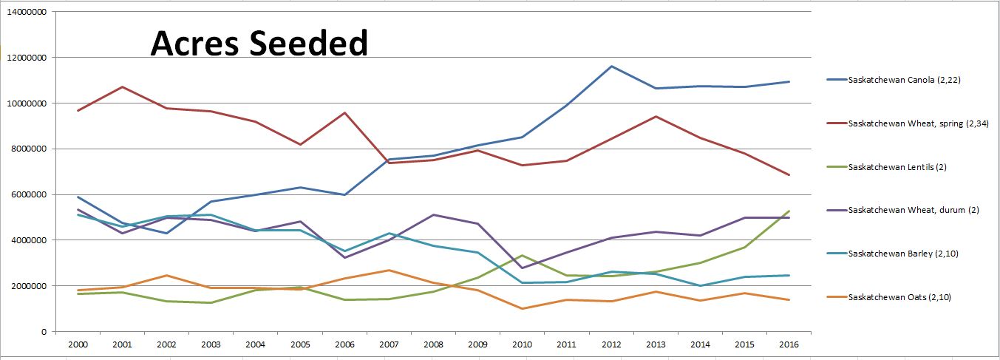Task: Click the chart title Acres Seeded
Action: pos(259,44)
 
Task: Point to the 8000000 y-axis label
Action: pos(27,149)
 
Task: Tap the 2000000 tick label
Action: pos(27,286)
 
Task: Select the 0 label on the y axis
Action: pos(44,332)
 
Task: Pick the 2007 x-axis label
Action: pos(390,344)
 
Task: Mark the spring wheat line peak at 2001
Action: pos(121,87)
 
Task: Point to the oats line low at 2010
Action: pos(523,308)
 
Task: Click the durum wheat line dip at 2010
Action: pos(523,268)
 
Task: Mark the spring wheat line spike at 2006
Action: pos(344,113)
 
